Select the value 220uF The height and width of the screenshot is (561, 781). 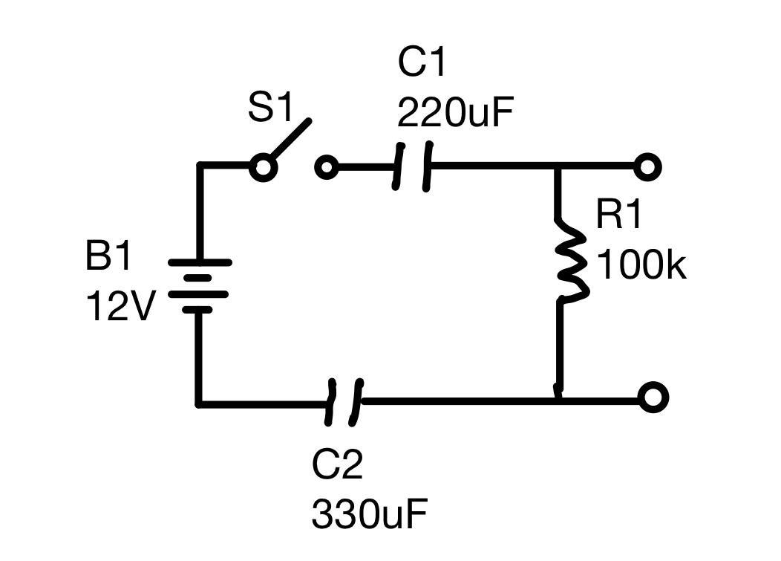tap(455, 114)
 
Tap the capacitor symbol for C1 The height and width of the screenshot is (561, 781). tap(412, 167)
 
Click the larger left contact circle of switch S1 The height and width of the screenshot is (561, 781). tap(262, 167)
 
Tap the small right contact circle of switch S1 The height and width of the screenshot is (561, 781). tap(326, 167)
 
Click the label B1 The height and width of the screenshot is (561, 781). tap(108, 258)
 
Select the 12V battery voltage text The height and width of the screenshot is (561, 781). tap(120, 305)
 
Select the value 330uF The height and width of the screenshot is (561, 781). tap(370, 514)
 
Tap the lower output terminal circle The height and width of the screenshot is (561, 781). tap(653, 398)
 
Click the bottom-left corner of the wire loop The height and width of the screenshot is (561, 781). tap(199, 403)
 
